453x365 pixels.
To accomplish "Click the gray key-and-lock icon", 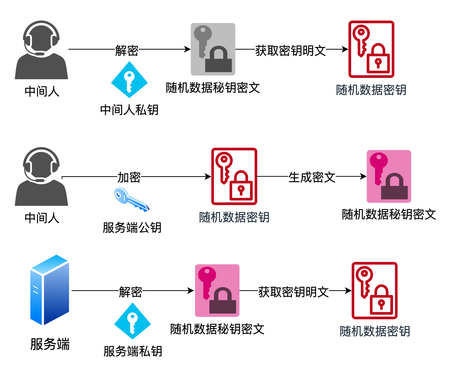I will click(x=213, y=49).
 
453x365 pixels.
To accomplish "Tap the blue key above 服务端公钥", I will click(x=131, y=200).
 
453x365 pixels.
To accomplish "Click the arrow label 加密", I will click(x=129, y=177).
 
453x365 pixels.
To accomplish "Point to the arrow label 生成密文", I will click(x=312, y=177).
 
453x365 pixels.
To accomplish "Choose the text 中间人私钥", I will click(x=129, y=110).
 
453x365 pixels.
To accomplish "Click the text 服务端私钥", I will click(x=132, y=351).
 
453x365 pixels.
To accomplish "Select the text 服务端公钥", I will click(x=132, y=227).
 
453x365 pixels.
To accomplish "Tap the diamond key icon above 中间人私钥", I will click(x=129, y=80).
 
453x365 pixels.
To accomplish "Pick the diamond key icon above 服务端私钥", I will click(x=132, y=321).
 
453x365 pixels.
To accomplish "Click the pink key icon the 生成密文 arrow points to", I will click(x=389, y=176).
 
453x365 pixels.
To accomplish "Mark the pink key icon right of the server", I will click(x=217, y=291).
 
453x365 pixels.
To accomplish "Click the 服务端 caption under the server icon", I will click(x=50, y=344).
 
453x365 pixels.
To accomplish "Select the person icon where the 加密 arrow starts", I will click(x=41, y=176).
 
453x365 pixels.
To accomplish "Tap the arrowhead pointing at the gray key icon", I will click(x=188, y=49).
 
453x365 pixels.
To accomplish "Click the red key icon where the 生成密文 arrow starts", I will click(x=234, y=176).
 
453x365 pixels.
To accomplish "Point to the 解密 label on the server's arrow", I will click(x=130, y=292).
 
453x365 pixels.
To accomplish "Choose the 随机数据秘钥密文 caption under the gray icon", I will click(x=213, y=88).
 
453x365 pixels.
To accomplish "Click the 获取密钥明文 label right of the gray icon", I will click(x=290, y=50).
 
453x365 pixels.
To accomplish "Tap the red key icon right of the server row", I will click(x=374, y=291).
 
